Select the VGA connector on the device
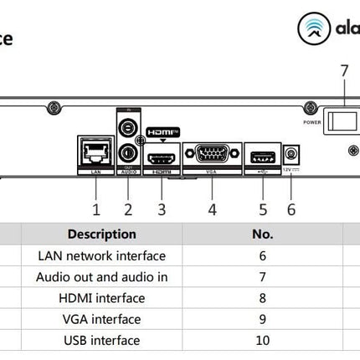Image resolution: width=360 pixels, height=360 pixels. [212, 155]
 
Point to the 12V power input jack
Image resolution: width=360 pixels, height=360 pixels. [291, 155]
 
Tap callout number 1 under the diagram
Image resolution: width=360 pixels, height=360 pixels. [96, 208]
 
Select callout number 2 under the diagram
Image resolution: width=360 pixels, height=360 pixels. [128, 208]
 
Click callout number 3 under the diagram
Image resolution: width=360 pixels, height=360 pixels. [162, 208]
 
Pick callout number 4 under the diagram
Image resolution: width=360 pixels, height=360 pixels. [213, 208]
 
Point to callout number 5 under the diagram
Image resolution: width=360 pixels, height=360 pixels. [262, 208]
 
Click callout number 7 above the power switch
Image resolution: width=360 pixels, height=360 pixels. [342, 71]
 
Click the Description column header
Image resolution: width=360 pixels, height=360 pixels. [101, 234]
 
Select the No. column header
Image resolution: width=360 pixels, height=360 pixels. [262, 234]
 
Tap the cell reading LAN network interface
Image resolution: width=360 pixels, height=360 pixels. [102, 256]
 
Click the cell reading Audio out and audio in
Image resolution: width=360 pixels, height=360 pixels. [102, 277]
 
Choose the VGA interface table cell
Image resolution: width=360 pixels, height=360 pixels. [102, 319]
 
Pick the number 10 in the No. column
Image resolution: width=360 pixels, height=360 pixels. [262, 341]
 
